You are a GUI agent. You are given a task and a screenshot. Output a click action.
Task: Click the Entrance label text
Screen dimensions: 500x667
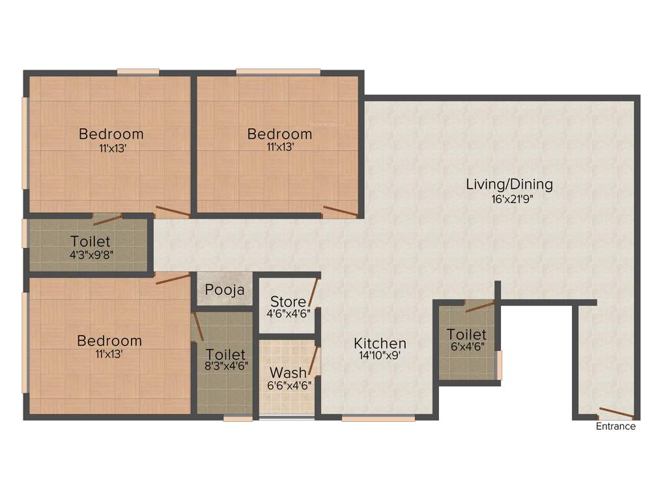616,426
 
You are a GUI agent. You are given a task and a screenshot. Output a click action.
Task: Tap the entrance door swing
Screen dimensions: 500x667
616,413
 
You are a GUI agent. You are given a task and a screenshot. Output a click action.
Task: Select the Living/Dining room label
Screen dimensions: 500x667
509,184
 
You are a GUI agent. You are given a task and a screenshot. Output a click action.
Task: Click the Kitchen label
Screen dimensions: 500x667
380,343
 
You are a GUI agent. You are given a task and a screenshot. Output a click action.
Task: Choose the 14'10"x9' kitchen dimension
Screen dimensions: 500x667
380,356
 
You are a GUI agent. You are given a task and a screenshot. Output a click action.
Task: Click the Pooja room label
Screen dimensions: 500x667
225,290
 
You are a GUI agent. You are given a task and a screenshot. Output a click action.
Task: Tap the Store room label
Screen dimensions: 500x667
287,302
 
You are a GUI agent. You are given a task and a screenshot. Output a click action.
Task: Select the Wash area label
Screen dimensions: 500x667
288,373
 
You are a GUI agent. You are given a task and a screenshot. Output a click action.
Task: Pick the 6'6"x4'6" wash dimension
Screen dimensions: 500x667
288,385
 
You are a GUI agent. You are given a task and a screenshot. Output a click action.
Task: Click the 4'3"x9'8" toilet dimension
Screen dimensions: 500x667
91,254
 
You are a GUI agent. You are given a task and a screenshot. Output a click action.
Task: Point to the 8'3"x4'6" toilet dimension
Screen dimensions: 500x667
225,367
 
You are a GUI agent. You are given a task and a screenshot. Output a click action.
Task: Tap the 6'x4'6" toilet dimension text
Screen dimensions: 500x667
466,346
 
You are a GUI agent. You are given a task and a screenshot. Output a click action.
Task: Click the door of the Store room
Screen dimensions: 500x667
314,292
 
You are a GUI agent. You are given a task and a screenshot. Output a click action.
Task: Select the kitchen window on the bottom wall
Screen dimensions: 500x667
378,419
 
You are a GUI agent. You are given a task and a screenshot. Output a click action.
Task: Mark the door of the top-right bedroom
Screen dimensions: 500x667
340,211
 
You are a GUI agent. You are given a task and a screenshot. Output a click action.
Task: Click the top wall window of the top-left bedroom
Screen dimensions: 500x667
138,72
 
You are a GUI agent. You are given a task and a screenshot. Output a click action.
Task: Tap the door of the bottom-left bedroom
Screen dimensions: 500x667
173,279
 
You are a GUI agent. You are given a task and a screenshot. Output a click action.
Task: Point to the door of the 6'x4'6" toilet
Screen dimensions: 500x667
479,307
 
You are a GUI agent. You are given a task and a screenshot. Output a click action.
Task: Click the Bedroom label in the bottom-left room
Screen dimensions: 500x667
109,340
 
